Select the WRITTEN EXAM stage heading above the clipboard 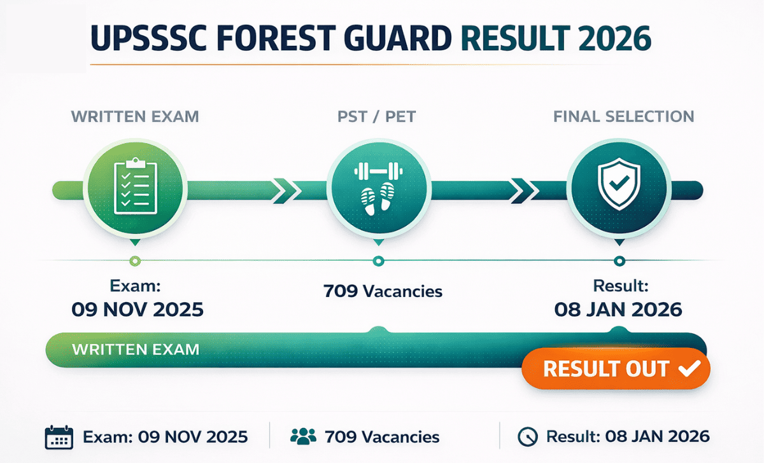pos(134,117)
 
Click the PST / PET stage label pos(377,117)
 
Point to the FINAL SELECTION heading pos(623,117)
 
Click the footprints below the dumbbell pos(378,197)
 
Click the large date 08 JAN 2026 pos(618,310)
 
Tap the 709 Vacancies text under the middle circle pos(383,292)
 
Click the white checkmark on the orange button pos(690,368)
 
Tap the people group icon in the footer pos(303,436)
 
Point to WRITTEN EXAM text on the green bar pos(136,349)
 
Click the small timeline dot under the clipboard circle pos(134,261)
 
